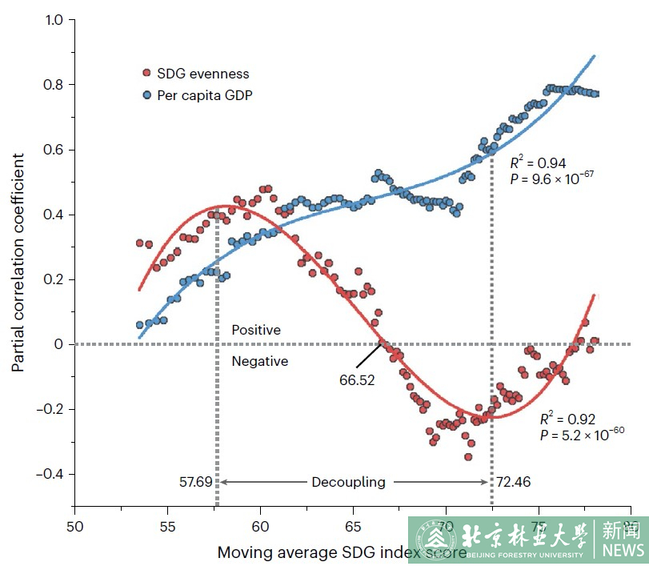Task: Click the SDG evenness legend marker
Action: [x=146, y=74]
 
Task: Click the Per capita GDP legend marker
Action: [x=146, y=95]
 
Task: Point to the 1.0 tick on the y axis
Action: [x=53, y=19]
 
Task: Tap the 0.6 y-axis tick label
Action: [x=53, y=150]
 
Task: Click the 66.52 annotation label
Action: [x=356, y=380]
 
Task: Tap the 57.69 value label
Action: [x=197, y=482]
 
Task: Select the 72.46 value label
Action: [x=513, y=482]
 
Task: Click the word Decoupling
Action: [x=348, y=482]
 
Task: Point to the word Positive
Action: [x=256, y=330]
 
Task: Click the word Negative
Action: [x=259, y=362]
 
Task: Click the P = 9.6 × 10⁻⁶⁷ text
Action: [x=551, y=179]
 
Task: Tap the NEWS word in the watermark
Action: [x=623, y=550]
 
